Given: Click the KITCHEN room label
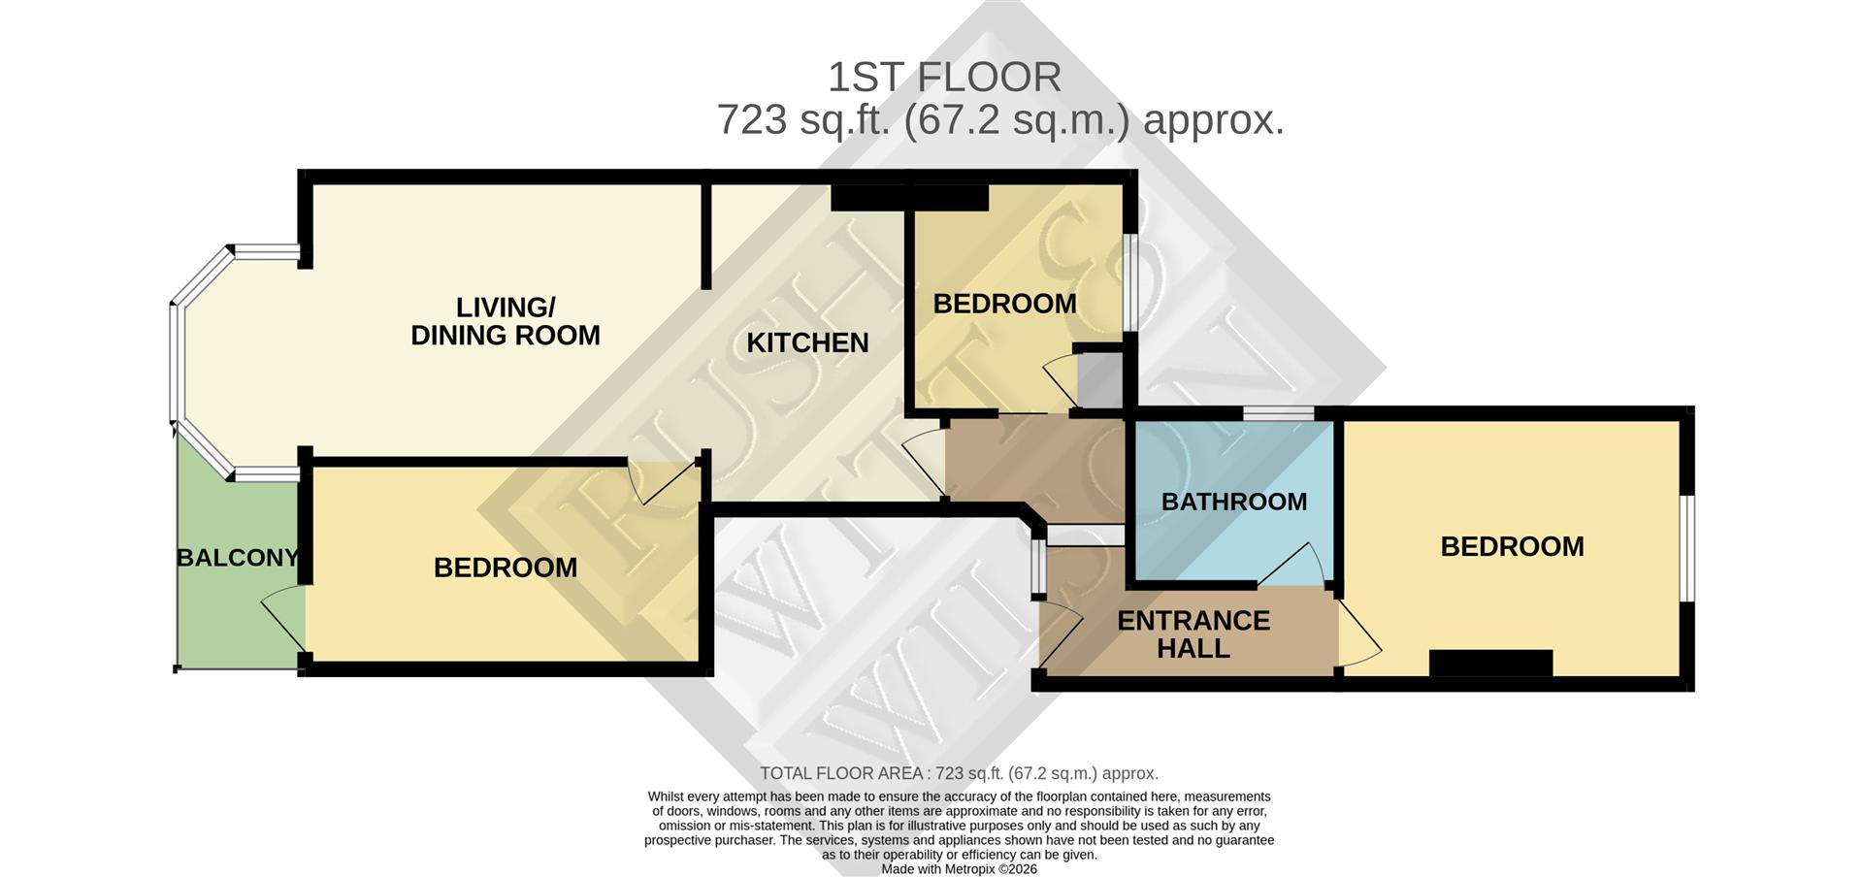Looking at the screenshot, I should [807, 342].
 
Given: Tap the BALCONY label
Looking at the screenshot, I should [238, 558].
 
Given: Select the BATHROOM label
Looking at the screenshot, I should [1233, 502].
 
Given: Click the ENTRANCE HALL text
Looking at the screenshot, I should [1193, 634].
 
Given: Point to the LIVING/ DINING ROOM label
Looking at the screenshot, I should [506, 321].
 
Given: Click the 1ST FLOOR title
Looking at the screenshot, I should [944, 77].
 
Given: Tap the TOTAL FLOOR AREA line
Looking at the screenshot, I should [959, 773].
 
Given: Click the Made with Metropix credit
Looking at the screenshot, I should [959, 869].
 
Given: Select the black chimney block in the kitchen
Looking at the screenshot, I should [909, 198].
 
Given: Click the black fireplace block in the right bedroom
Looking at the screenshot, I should [1490, 664].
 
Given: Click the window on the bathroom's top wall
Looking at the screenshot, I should [1279, 414].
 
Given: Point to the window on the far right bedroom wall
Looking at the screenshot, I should [1687, 549].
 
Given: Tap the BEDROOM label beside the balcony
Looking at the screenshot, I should [505, 568].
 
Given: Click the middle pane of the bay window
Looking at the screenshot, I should [177, 364].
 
